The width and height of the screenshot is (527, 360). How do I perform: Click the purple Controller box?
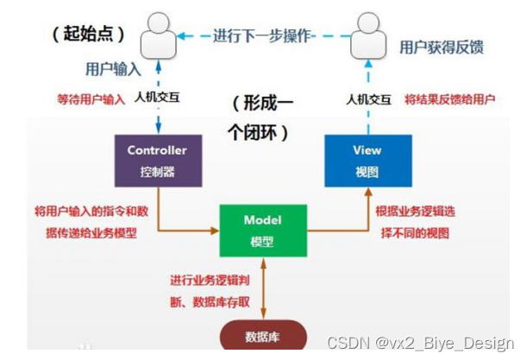pos(158,161)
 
